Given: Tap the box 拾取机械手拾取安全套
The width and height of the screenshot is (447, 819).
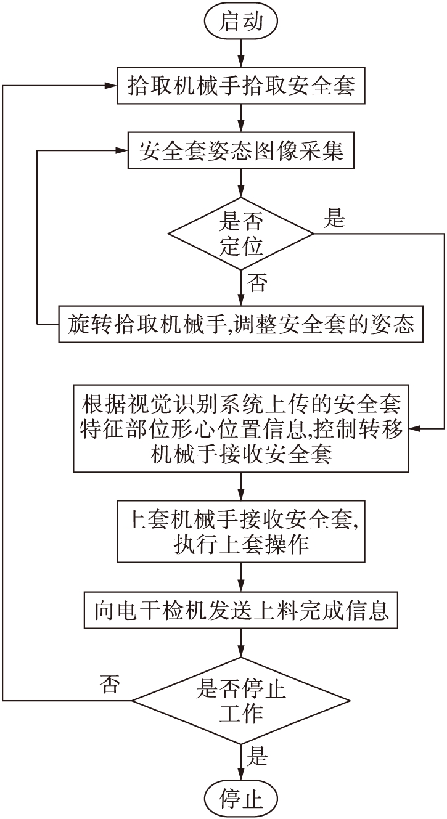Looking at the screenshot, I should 241,86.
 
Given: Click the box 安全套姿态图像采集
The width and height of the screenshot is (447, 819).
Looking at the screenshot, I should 241,151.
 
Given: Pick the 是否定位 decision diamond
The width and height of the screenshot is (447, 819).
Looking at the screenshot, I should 241,234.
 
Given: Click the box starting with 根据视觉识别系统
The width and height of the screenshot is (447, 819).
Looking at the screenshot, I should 241,428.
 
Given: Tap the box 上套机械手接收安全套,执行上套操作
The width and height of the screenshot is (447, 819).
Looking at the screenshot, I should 241,531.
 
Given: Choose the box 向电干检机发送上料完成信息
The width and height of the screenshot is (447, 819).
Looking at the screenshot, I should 241,610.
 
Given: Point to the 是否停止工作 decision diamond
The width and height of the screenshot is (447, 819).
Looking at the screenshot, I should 241,700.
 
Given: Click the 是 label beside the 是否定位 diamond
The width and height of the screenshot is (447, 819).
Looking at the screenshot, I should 334,219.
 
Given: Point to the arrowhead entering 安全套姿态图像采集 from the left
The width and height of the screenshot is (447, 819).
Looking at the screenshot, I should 122,151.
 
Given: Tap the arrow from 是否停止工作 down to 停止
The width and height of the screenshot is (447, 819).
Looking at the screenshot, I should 241,759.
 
